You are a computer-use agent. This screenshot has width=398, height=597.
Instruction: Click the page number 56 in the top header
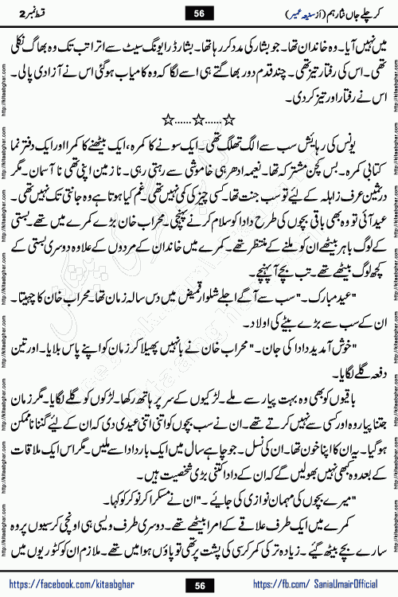[199, 12]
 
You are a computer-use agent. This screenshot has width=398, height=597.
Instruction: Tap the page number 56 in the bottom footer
[199, 584]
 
